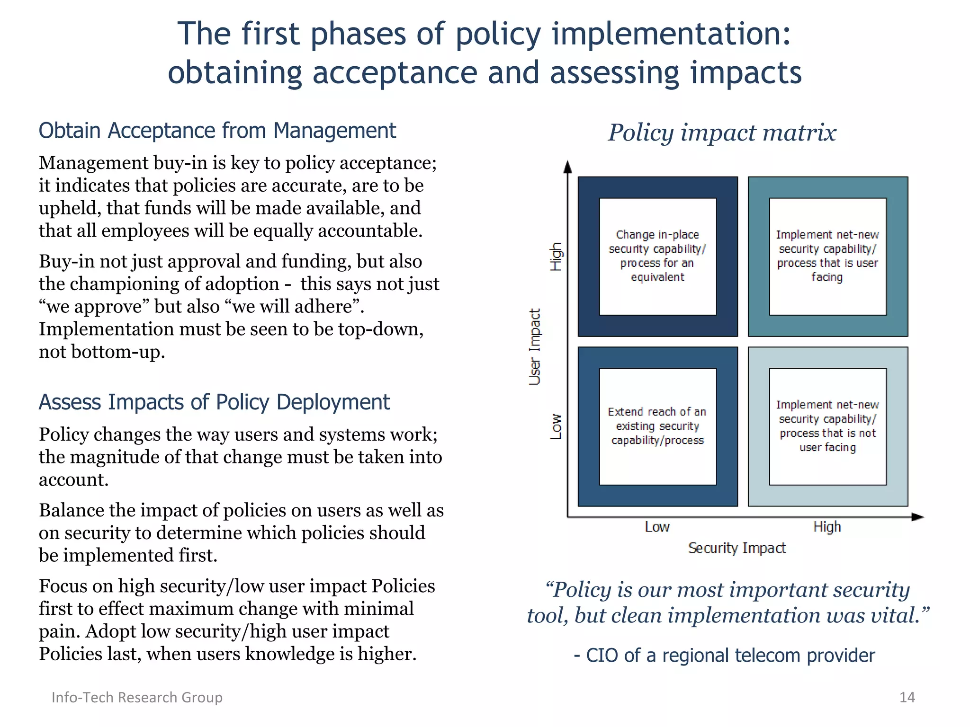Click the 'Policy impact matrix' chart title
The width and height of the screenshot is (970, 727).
pos(722,133)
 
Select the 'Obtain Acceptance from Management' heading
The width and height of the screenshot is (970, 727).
pos(217,131)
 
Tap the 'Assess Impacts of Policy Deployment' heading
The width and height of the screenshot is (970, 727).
pos(214,402)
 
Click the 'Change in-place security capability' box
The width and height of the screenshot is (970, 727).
pos(657,256)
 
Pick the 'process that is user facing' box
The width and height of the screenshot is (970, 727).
pos(827,256)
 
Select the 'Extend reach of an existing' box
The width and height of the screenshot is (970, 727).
pos(657,426)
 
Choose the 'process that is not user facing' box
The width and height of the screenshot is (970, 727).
pos(827,426)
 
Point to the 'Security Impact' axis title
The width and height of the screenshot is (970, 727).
pos(737,548)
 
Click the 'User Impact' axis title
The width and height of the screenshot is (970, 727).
pos(535,346)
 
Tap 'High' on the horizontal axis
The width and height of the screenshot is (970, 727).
pos(827,527)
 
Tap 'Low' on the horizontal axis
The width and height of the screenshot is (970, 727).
pos(657,527)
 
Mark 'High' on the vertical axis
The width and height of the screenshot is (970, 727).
pos(556,257)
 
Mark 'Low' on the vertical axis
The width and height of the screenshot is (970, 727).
pos(556,426)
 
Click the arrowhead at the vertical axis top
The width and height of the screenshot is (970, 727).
pos(567,167)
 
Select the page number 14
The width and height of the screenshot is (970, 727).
pos(907,697)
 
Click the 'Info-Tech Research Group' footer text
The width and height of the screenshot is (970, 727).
pos(137,697)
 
